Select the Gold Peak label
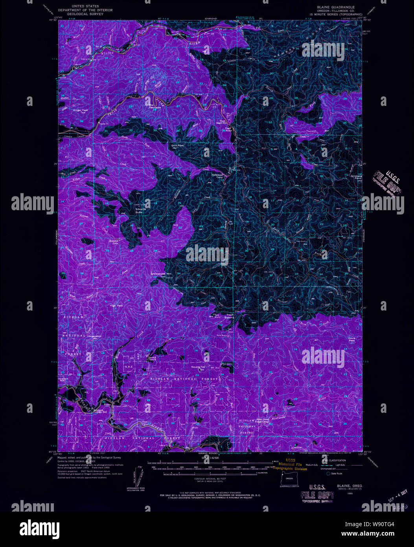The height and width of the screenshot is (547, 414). (177, 145)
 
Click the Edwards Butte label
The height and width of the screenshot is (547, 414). (141, 210)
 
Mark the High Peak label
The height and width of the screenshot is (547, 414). (116, 305)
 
